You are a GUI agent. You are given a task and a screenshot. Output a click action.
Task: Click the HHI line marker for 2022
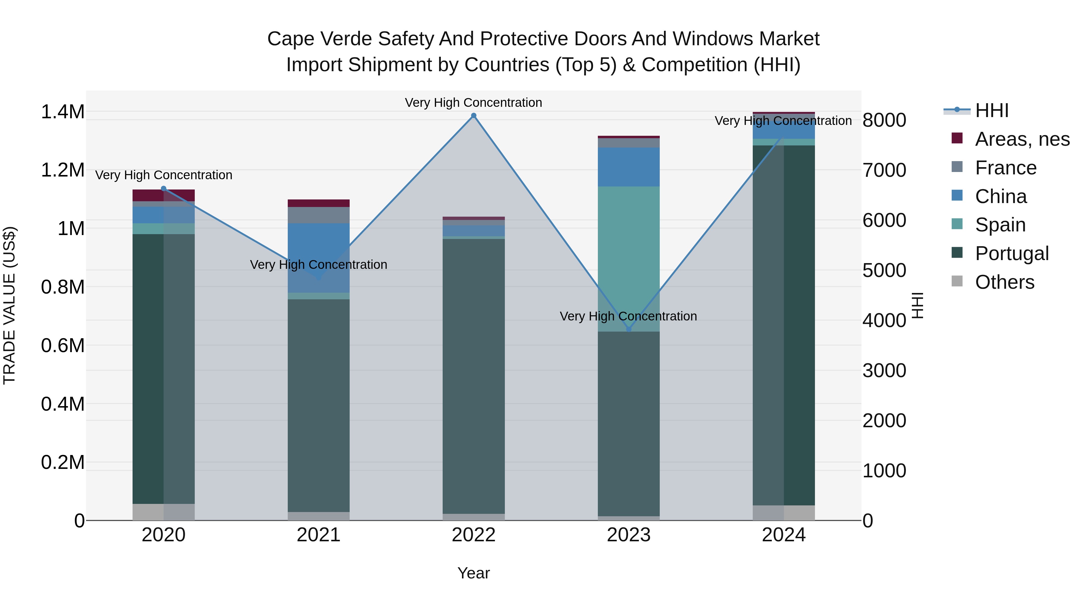(x=473, y=116)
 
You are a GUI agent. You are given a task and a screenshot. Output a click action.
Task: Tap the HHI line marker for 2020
(x=164, y=189)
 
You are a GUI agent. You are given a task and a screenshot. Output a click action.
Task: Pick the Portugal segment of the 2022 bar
(x=473, y=376)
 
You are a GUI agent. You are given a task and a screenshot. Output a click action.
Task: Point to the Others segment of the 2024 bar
(x=784, y=512)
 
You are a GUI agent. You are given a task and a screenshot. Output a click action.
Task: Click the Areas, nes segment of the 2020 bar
(x=164, y=195)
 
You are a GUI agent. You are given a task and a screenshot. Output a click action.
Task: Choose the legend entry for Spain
(x=1000, y=225)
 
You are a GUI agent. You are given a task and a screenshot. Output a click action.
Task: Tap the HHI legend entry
(x=991, y=110)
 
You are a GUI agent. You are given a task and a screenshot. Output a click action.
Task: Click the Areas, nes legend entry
(x=1021, y=139)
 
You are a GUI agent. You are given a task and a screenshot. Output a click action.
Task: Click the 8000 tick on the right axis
(x=884, y=120)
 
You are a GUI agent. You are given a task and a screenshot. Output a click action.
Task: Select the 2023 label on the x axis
(x=628, y=535)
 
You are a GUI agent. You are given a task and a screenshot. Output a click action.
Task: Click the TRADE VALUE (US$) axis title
(x=9, y=305)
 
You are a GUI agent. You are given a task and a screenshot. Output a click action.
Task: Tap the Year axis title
(x=473, y=573)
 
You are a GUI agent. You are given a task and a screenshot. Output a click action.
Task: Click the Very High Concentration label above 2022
(x=473, y=103)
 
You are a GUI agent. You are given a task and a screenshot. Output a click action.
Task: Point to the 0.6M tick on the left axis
(x=63, y=346)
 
